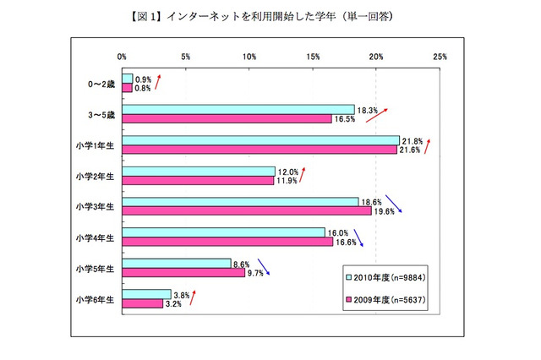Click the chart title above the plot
click(271, 16)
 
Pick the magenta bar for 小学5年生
click(183, 273)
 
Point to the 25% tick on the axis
click(440, 57)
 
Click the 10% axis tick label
click(249, 57)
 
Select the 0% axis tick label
click(123, 57)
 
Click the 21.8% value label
click(413, 139)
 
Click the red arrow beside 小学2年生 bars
click(302, 174)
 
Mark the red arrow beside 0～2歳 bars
click(156, 82)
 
